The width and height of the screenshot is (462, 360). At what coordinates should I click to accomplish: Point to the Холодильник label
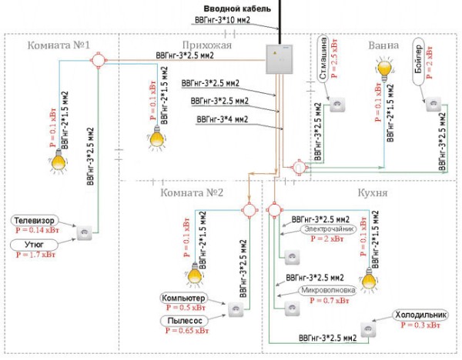pos(420,315)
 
